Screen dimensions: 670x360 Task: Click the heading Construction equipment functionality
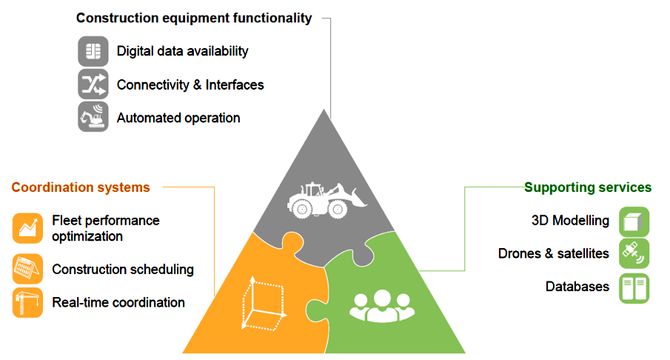(x=194, y=18)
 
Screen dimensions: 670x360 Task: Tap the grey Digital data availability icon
(x=93, y=51)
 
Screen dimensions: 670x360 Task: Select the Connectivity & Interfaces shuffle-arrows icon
(x=93, y=84)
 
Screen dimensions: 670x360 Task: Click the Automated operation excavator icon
(x=93, y=117)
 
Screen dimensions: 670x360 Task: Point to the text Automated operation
(x=178, y=118)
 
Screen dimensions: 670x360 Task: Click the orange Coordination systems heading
(x=81, y=187)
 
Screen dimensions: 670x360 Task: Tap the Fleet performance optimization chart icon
(x=28, y=228)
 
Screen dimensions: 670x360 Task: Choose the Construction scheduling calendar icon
(x=28, y=269)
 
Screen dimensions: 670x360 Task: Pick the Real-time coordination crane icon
(x=28, y=302)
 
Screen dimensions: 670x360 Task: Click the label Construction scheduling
(x=123, y=270)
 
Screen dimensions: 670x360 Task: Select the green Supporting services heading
(x=588, y=187)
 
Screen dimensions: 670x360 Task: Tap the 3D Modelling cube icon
(x=634, y=222)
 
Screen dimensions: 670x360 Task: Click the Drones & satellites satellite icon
(x=634, y=253)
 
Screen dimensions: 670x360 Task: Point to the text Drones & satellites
(x=554, y=253)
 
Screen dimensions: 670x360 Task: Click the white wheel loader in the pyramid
(x=327, y=201)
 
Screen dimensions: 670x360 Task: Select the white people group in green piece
(x=382, y=305)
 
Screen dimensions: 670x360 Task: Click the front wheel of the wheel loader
(x=338, y=210)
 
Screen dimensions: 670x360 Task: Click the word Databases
(x=577, y=287)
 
